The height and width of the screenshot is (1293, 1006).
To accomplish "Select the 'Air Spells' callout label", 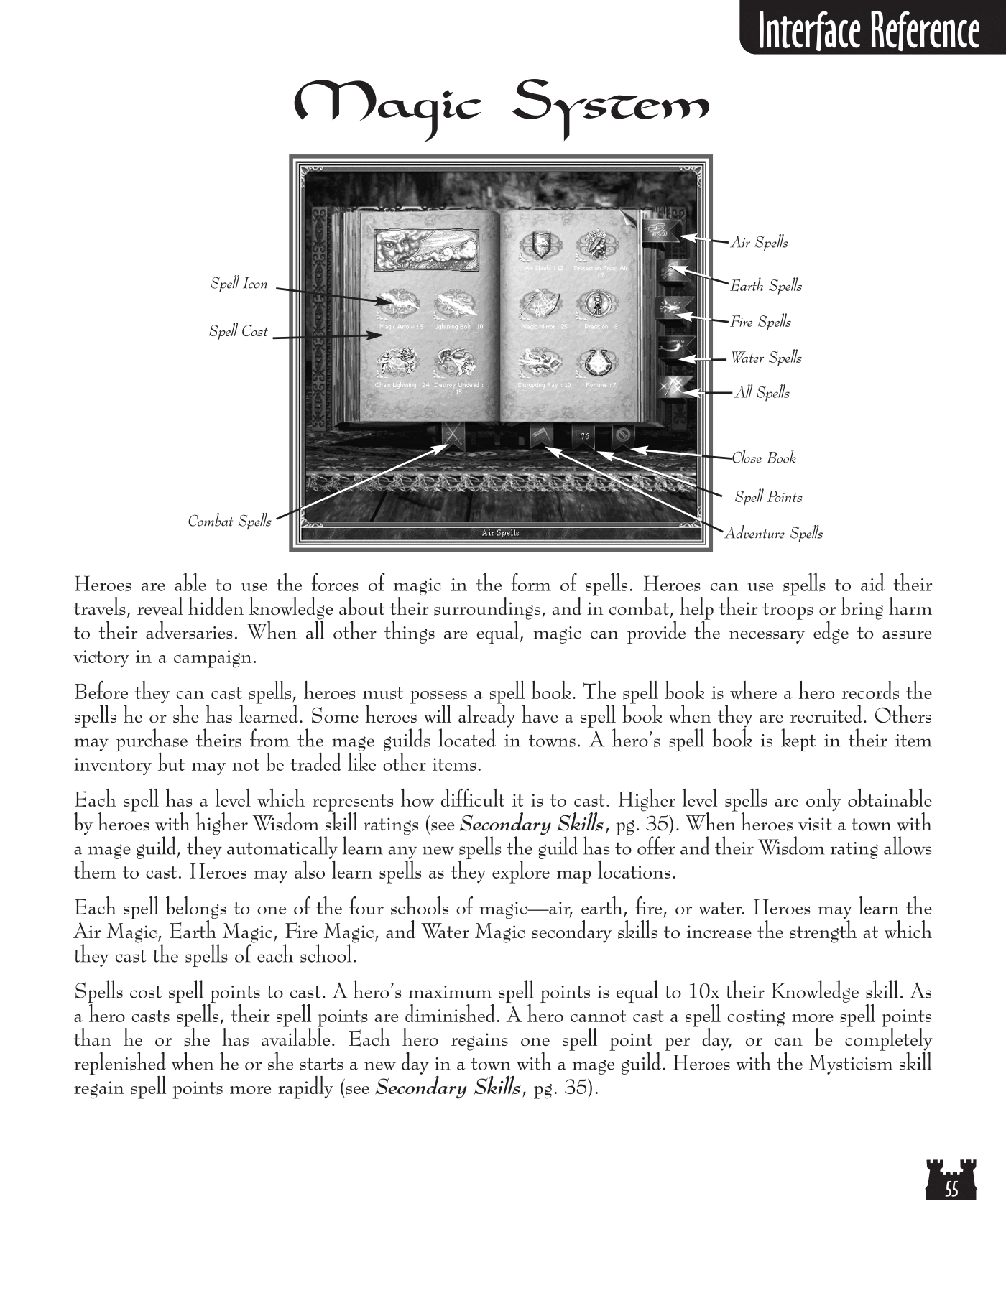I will click(x=759, y=243).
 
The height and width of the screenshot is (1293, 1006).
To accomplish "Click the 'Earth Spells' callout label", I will click(x=766, y=286).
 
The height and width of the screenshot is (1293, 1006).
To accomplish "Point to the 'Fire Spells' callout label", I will click(x=760, y=322).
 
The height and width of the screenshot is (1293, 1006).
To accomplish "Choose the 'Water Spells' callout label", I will click(x=766, y=358).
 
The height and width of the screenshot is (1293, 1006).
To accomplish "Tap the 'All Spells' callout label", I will click(x=762, y=392).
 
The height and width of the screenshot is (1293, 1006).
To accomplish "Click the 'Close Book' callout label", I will click(x=764, y=458).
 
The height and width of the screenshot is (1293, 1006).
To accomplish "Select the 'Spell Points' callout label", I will click(x=768, y=497).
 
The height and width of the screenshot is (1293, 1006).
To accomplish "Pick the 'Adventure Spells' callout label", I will click(x=773, y=533).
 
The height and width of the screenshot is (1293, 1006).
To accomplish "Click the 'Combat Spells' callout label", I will click(x=229, y=521).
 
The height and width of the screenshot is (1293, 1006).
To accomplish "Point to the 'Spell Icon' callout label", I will click(x=239, y=284).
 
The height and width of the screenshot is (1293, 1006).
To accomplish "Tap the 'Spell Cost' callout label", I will click(x=238, y=331).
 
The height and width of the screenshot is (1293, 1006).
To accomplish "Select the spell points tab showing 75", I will click(x=585, y=436).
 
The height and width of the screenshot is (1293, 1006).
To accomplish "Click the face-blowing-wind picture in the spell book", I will click(x=427, y=249).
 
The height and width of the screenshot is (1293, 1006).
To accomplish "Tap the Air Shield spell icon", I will click(x=539, y=246).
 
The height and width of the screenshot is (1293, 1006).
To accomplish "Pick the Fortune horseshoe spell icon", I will click(x=595, y=363).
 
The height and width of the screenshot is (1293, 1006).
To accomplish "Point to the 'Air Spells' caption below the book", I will click(x=500, y=533).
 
